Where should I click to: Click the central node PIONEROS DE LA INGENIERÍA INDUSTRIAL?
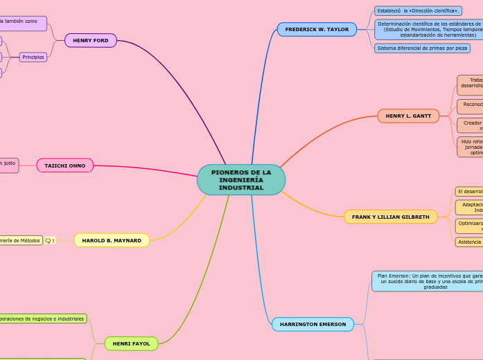(x=240, y=179)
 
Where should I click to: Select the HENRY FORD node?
(x=91, y=40)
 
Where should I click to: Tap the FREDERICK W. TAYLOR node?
(x=317, y=30)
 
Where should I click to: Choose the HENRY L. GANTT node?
(x=408, y=116)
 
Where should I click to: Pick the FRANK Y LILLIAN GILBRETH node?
(x=390, y=217)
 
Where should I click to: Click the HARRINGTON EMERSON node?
(x=313, y=324)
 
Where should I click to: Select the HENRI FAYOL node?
(x=131, y=343)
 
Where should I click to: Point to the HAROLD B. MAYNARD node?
(x=112, y=240)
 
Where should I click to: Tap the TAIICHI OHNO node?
(x=65, y=165)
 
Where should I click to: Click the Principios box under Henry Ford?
(x=33, y=57)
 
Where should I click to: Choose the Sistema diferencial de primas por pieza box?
(x=422, y=48)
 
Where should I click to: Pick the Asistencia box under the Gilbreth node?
(x=469, y=242)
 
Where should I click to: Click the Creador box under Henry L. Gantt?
(x=471, y=125)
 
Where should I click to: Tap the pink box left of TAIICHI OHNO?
(x=8, y=165)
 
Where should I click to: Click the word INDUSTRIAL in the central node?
(x=241, y=188)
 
